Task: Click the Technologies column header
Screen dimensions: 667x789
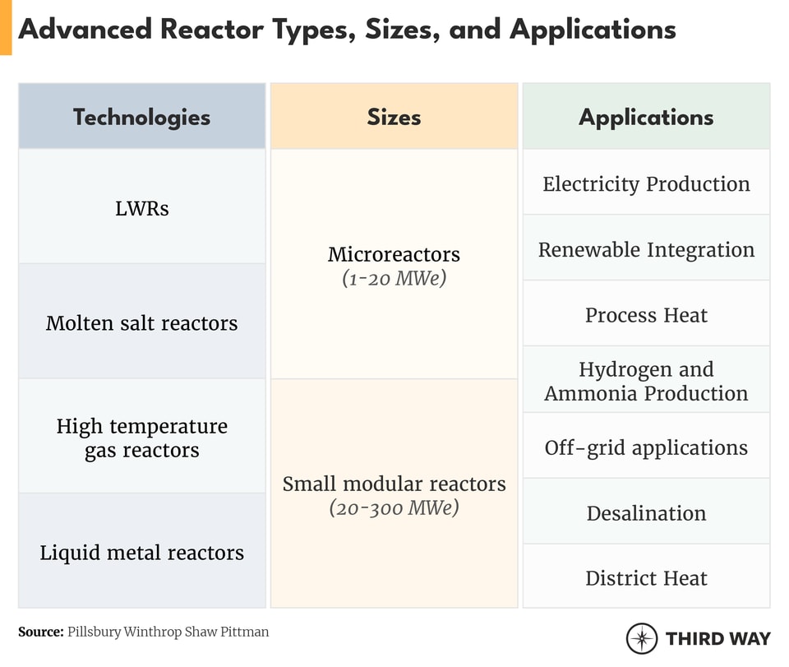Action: click(x=141, y=117)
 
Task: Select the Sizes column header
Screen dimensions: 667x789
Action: click(x=394, y=117)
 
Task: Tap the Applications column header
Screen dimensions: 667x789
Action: click(x=646, y=117)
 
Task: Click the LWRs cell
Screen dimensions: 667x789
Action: click(x=141, y=208)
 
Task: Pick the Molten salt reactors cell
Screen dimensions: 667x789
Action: click(x=141, y=322)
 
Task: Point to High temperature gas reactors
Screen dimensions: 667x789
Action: click(x=141, y=438)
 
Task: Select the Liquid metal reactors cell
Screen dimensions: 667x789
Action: click(x=141, y=552)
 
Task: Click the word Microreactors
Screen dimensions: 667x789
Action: click(x=394, y=254)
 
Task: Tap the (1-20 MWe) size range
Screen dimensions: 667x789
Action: click(x=394, y=279)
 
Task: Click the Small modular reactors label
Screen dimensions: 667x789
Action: click(x=394, y=484)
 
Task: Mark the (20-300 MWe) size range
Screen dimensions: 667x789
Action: click(x=394, y=508)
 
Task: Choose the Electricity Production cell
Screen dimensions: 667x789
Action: click(x=646, y=183)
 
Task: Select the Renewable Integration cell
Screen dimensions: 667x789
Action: click(x=646, y=249)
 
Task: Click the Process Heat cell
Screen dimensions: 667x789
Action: click(x=646, y=315)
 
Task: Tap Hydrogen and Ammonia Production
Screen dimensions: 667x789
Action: click(x=646, y=381)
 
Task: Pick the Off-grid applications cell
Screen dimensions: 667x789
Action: click(x=646, y=447)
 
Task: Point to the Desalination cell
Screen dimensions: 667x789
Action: click(x=646, y=513)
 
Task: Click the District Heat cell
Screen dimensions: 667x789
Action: click(x=646, y=578)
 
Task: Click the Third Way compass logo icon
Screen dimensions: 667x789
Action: click(x=641, y=638)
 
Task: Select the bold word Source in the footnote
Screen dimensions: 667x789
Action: click(x=40, y=632)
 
